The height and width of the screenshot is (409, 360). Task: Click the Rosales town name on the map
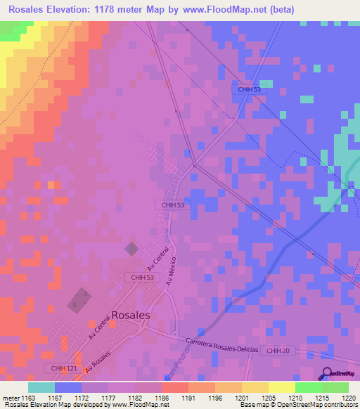click(x=131, y=316)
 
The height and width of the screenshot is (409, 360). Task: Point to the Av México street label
click(x=172, y=268)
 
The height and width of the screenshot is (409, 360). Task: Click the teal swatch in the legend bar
click(x=41, y=387)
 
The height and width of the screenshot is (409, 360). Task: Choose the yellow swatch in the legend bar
click(x=281, y=387)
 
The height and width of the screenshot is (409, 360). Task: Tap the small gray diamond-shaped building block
click(x=131, y=248)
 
